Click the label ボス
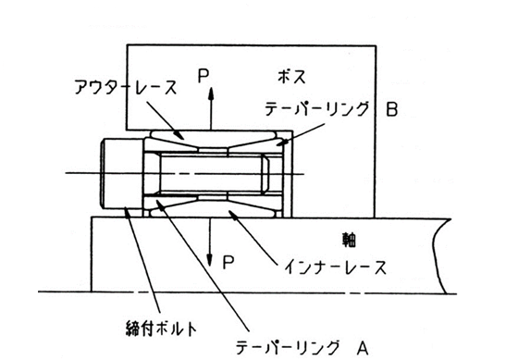point(291,76)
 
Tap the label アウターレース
point(126,87)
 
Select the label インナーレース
point(335,267)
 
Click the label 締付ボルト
point(161,329)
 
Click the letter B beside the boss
point(392,109)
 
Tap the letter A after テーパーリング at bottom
point(363,348)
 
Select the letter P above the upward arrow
point(204,76)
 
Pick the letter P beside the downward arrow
point(228,262)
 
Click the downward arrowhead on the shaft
point(210,260)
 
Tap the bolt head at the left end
point(121,173)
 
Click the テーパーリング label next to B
point(316,109)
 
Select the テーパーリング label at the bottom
point(287,347)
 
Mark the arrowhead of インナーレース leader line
point(234,214)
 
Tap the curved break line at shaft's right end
point(440,255)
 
